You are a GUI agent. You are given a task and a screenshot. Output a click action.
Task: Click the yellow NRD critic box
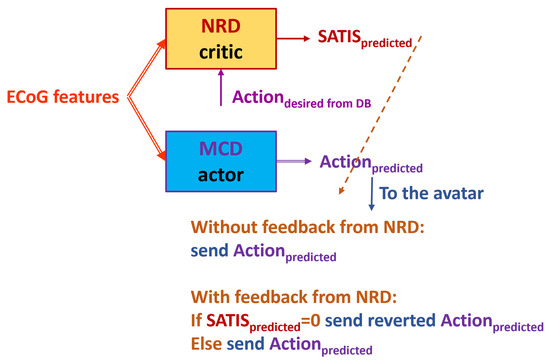click(221, 39)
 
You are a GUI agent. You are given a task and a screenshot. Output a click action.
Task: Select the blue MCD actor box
click(221, 161)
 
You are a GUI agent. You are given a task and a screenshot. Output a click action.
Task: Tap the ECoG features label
click(63, 97)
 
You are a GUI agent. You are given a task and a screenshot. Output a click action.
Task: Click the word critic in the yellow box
click(221, 52)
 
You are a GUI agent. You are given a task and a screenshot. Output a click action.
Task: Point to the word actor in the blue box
click(221, 175)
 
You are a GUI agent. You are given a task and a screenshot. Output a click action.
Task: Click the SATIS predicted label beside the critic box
click(365, 39)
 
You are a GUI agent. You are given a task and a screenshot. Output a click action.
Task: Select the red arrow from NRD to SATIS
click(294, 38)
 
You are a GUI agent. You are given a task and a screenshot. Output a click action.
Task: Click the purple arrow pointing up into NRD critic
click(221, 87)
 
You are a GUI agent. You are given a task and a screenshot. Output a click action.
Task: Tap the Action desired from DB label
click(302, 99)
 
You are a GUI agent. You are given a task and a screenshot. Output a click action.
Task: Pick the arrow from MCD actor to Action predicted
click(294, 161)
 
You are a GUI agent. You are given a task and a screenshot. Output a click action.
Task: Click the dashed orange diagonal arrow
click(380, 115)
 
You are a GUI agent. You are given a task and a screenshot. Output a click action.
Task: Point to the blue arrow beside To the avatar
click(371, 194)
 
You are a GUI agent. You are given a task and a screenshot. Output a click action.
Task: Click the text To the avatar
click(431, 193)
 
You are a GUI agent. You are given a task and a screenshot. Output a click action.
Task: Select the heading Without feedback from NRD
click(308, 227)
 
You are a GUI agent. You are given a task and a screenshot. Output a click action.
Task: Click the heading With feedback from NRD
click(294, 297)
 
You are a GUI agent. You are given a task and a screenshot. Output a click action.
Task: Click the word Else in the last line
click(206, 344)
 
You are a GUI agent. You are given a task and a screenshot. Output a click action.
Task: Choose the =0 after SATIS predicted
click(310, 321)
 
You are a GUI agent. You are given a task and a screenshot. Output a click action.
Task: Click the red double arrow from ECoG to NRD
click(146, 68)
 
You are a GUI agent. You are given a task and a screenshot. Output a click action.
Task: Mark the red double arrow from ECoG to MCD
click(146, 129)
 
